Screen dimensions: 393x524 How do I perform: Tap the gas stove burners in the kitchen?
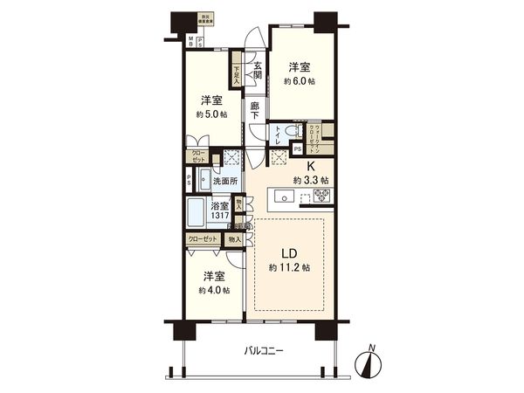click(x=317, y=196)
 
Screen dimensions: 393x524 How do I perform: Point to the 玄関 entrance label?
click(x=259, y=69)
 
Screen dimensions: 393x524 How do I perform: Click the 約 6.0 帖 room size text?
click(x=300, y=80)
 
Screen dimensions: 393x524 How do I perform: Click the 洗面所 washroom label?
click(x=225, y=183)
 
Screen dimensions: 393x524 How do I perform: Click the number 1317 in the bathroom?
click(x=219, y=216)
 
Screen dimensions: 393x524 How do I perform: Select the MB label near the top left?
click(x=192, y=41)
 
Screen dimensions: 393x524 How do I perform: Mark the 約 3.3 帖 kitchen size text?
click(x=311, y=180)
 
